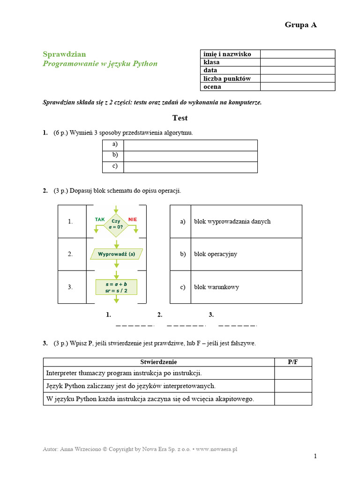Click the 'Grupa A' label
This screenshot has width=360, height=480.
click(x=300, y=25)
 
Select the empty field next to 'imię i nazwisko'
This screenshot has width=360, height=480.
click(x=297, y=54)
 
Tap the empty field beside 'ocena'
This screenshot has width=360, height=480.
click(x=297, y=87)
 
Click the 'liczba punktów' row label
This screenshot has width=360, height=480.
click(x=227, y=79)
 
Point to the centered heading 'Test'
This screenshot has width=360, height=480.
click(x=180, y=118)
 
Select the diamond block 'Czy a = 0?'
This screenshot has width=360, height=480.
click(x=116, y=223)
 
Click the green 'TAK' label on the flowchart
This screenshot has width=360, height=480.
click(x=100, y=219)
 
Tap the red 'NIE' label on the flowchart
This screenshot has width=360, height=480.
click(x=132, y=219)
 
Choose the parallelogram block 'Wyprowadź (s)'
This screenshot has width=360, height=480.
click(x=116, y=254)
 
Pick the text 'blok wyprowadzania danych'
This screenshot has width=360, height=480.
click(x=232, y=221)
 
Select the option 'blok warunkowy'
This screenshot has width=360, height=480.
click(x=216, y=287)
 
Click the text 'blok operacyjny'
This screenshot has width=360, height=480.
click(x=216, y=254)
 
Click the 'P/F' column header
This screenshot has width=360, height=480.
click(x=293, y=362)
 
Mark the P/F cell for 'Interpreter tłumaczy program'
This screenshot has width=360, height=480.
click(x=293, y=373)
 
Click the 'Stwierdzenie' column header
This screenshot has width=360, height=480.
click(x=158, y=362)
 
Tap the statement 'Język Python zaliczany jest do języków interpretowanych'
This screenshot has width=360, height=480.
click(x=131, y=386)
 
